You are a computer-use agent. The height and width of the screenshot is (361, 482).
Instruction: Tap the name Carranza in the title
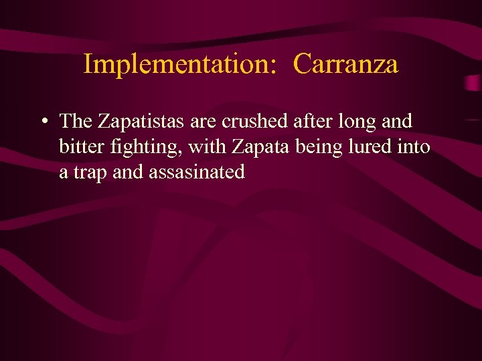pos(345,65)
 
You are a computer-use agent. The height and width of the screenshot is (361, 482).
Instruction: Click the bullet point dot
pos(43,122)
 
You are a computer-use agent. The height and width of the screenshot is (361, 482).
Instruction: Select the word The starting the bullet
pos(76,121)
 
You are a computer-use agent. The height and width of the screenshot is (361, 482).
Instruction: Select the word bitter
pos(78,146)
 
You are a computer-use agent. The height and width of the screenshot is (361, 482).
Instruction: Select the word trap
pos(86,173)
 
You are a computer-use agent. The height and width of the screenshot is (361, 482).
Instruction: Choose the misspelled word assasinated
pos(197,172)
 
